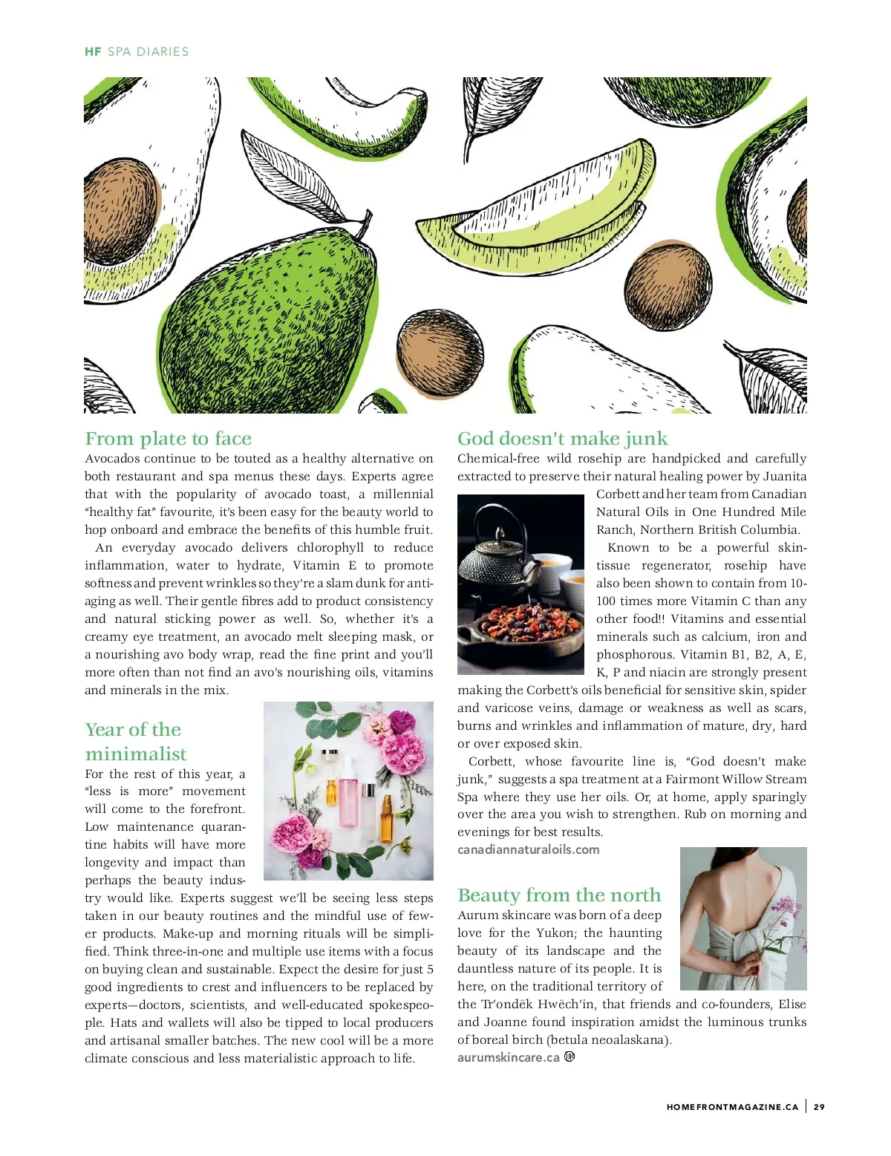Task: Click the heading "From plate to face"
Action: coord(168,439)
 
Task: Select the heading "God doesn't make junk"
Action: coord(562,439)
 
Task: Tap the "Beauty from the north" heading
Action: coord(558,895)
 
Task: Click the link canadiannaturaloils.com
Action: coord(528,849)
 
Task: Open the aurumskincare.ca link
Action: coord(508,1057)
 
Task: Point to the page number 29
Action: coord(819,1107)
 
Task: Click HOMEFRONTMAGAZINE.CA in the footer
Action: coord(732,1107)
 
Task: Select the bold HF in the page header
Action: coord(93,52)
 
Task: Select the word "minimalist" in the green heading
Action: coord(136,754)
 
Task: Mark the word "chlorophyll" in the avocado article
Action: coord(330,548)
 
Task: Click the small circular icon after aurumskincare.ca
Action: coord(569,1057)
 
